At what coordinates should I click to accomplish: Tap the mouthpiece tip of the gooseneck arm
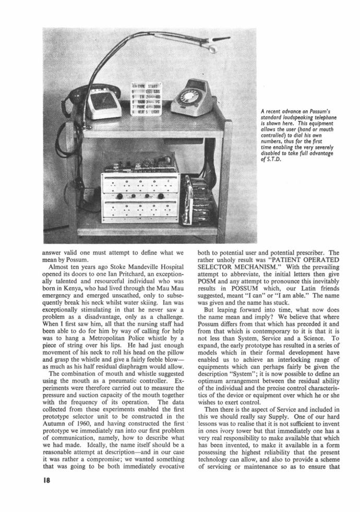213,48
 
